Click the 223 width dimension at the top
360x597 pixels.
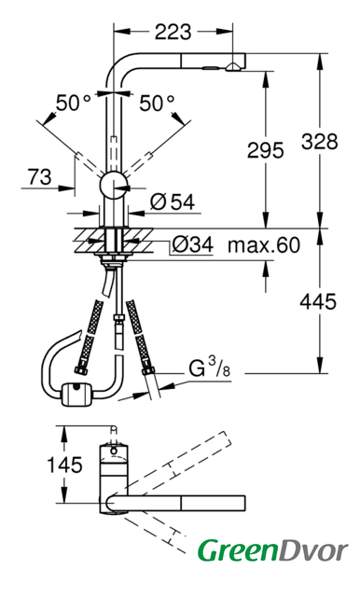173,32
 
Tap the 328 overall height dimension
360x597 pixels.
320,141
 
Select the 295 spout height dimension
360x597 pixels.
265,149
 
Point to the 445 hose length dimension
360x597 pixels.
318,302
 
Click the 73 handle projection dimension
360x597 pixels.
39,176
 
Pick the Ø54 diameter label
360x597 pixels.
172,201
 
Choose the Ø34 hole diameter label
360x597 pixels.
192,244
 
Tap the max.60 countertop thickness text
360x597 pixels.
264,244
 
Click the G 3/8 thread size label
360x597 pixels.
210,368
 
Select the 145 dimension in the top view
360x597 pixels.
64,465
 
